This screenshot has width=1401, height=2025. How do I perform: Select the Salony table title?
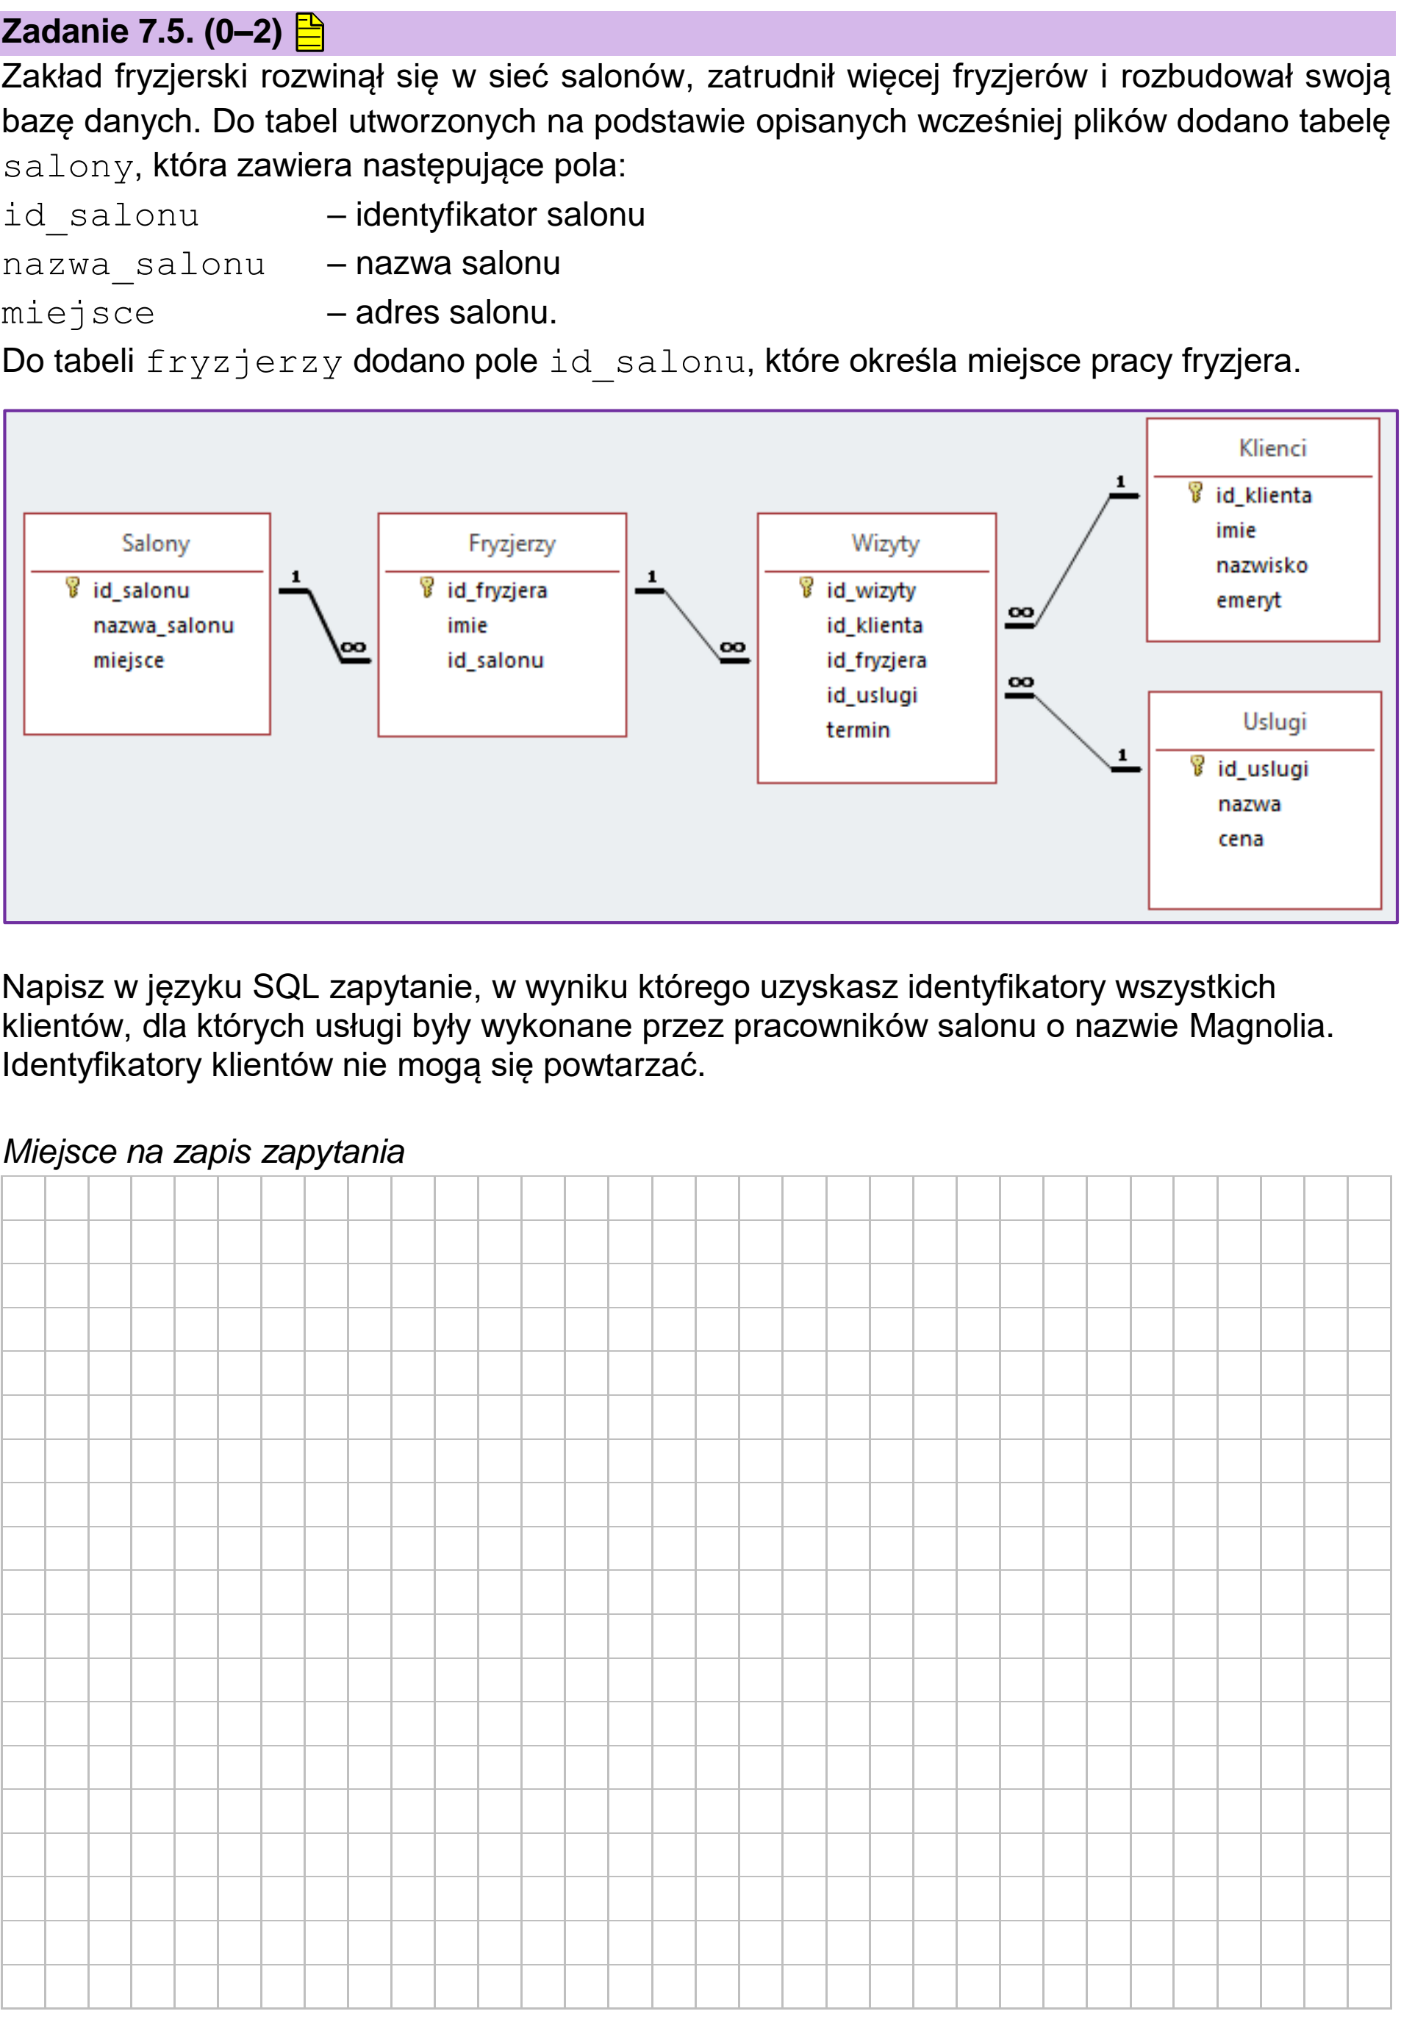click(x=155, y=543)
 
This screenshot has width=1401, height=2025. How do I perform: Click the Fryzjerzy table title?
click(x=512, y=543)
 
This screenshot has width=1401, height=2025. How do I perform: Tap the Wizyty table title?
click(x=885, y=543)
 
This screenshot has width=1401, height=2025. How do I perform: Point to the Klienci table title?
click(x=1272, y=448)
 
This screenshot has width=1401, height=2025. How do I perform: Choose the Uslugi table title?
click(x=1274, y=722)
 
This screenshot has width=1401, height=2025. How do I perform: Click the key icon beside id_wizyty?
click(x=806, y=587)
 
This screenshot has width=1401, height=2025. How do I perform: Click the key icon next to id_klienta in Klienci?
click(x=1194, y=492)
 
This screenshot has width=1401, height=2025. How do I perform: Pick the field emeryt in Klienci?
click(x=1248, y=601)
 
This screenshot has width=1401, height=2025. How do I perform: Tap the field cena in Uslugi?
click(x=1240, y=839)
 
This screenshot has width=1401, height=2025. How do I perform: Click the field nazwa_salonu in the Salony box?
click(x=163, y=626)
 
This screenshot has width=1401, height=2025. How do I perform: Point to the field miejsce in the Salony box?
click(x=128, y=660)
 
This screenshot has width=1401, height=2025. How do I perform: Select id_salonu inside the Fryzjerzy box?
click(x=495, y=660)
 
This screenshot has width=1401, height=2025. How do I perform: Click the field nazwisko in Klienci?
click(x=1261, y=565)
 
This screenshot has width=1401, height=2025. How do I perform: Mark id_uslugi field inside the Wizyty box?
click(x=871, y=695)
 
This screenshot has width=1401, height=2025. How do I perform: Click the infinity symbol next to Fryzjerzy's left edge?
click(x=353, y=648)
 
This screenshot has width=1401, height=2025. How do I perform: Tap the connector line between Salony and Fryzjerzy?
click(x=325, y=626)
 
